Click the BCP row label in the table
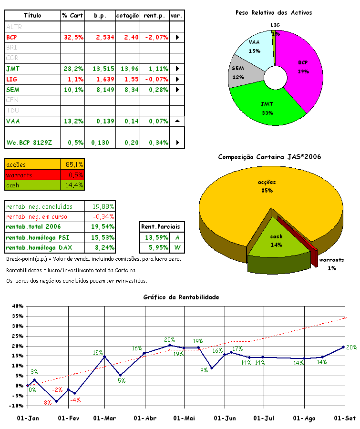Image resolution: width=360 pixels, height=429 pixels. click(11, 37)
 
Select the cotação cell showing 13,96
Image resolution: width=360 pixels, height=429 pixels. click(129, 69)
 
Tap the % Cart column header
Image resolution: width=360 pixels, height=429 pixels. click(72, 16)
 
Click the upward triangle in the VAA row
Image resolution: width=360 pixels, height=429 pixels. click(177, 121)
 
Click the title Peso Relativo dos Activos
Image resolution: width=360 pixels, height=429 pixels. click(274, 13)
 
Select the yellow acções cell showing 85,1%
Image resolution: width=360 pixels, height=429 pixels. click(72, 164)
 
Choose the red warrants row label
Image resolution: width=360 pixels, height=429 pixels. click(20, 175)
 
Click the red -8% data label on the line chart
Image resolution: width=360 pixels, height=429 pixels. click(47, 403)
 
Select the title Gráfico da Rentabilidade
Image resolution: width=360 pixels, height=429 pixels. click(181, 297)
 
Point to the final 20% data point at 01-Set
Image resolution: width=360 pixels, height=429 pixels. click(343, 347)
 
